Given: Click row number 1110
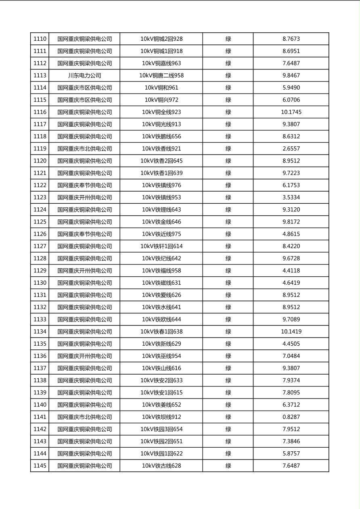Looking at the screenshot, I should [x=40, y=39].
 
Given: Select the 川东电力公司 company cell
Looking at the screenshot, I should [x=84, y=75].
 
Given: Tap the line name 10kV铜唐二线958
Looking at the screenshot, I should [x=161, y=75].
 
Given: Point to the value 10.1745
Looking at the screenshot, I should [x=291, y=112].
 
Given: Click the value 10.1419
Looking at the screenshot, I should [x=291, y=332].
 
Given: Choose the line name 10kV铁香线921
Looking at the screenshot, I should [x=161, y=149].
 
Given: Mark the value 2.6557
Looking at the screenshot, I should [x=291, y=149].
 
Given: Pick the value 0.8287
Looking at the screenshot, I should [x=291, y=417].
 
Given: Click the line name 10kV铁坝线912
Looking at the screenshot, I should [x=161, y=417].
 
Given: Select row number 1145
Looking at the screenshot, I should [x=40, y=466].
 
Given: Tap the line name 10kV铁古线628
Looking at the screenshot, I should [x=161, y=466].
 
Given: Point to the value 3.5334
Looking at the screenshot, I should [x=291, y=198].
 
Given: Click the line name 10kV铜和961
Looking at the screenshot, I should [x=161, y=88].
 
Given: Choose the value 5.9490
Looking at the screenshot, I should [x=291, y=88].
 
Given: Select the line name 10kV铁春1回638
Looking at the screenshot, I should [x=161, y=332].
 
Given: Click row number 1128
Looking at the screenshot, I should [x=40, y=259].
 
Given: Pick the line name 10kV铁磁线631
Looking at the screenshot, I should [x=161, y=283].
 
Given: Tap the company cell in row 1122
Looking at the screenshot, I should [x=84, y=186].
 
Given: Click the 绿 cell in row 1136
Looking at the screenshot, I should [x=228, y=356].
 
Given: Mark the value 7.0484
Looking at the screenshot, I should [x=291, y=356].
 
